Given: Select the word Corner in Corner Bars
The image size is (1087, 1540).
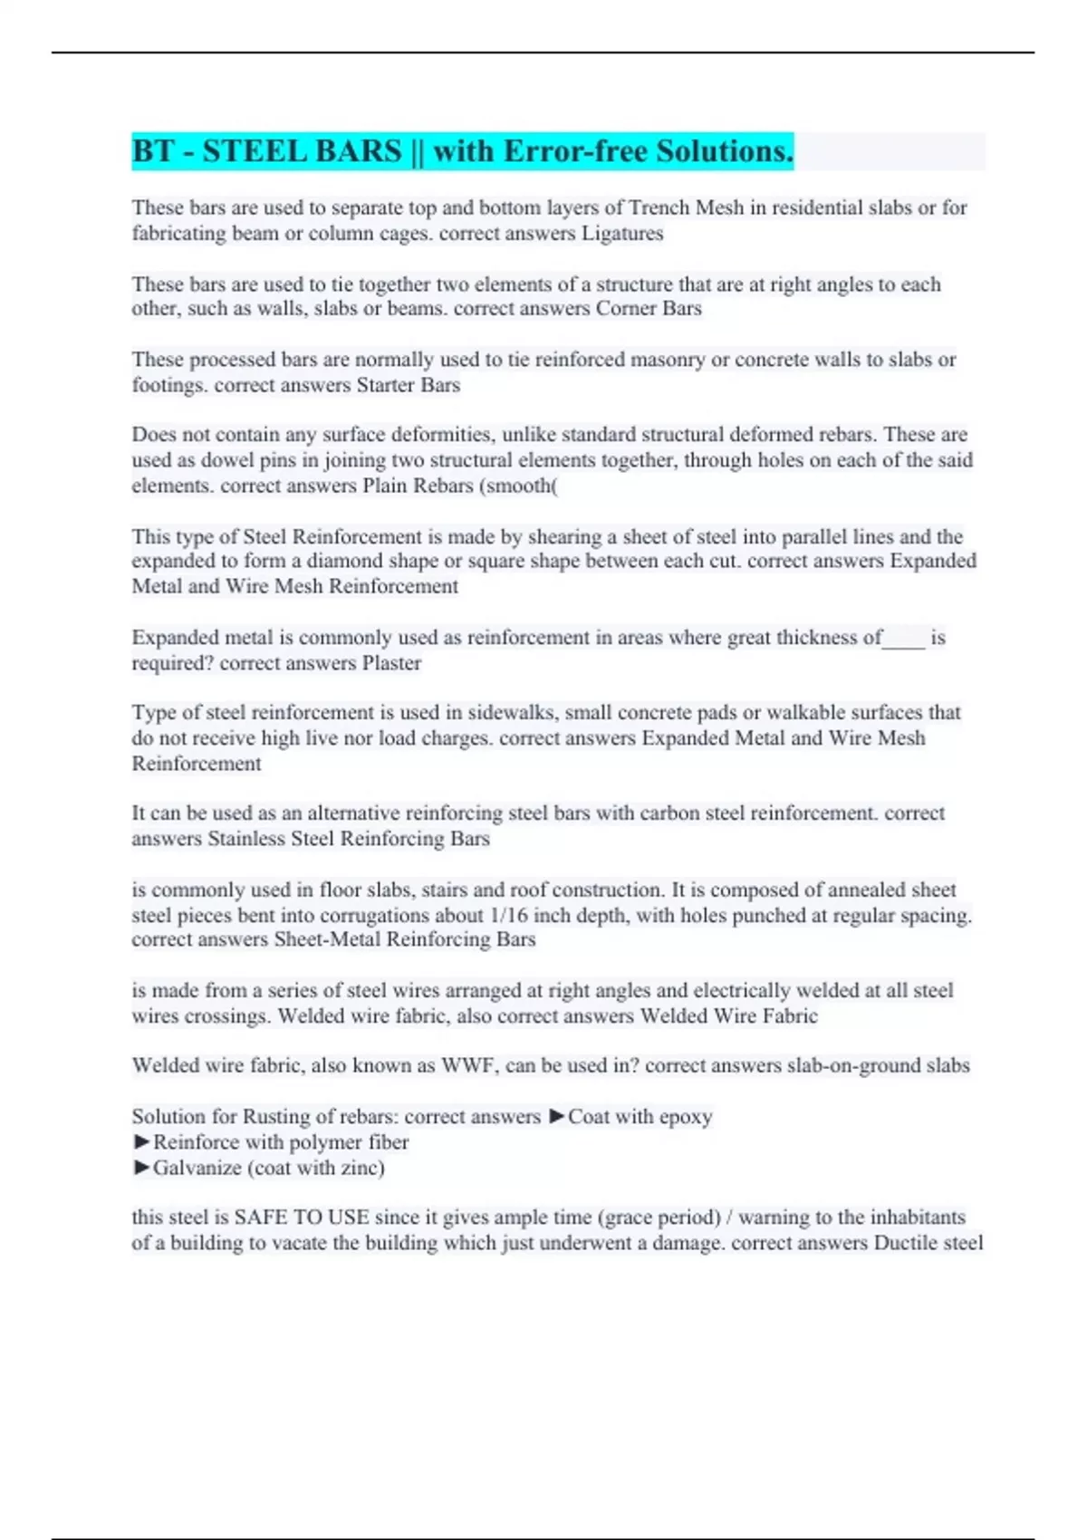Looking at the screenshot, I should (626, 308).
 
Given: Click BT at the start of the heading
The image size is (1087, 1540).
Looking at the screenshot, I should (153, 150).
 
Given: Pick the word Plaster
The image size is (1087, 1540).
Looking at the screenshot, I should (391, 662).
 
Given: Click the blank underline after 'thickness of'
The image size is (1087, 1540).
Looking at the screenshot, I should (904, 639).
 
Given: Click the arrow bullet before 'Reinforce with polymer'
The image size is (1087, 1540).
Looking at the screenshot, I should (141, 1141).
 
